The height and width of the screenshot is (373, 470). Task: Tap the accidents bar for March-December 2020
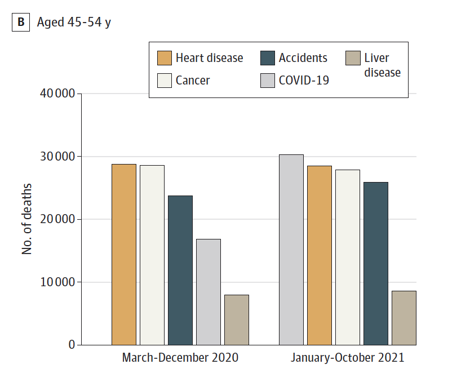tap(180, 270)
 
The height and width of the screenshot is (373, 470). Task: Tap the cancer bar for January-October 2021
tap(348, 257)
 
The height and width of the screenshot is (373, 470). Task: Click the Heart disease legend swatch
tap(164, 58)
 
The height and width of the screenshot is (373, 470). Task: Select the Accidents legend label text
tap(303, 58)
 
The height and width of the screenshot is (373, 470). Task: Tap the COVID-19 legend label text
tap(304, 81)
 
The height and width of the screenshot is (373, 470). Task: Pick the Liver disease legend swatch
tap(353, 58)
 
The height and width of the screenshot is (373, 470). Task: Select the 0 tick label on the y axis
tap(72, 345)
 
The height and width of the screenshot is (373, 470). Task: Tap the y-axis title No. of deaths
tap(27, 219)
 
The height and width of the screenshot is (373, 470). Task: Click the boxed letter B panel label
tap(21, 23)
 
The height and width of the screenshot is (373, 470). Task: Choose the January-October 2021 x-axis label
tap(348, 358)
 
